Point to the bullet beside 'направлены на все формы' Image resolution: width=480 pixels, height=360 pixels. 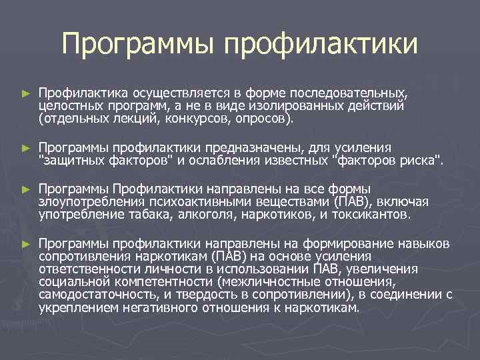click(26, 189)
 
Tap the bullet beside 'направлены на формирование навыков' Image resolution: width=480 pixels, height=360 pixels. click(26, 242)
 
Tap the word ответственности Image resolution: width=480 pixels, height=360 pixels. click(85, 269)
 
